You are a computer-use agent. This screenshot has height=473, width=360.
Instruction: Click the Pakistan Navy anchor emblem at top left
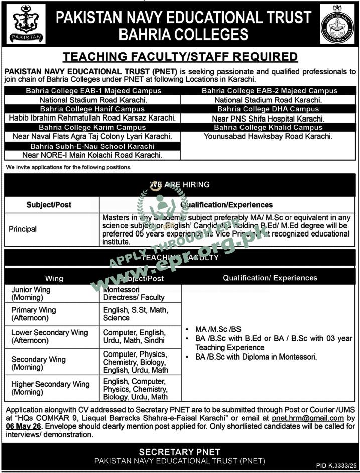pyautogui.click(x=25, y=24)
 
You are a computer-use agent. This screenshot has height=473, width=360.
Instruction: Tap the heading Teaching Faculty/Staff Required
pyautogui.click(x=180, y=57)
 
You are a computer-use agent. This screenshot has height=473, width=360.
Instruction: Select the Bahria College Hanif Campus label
pyautogui.click(x=92, y=109)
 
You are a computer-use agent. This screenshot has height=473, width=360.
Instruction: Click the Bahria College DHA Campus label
pyautogui.click(x=269, y=109)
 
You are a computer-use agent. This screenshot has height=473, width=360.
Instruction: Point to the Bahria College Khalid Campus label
pyautogui.click(x=269, y=128)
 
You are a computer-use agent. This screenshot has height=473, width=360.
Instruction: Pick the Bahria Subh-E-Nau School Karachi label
pyautogui.click(x=92, y=146)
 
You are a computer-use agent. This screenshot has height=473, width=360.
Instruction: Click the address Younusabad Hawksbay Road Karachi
pyautogui.click(x=269, y=136)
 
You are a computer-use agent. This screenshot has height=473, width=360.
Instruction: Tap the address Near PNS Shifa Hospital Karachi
pyautogui.click(x=269, y=119)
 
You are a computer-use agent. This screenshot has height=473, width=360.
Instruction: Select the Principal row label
pyautogui.click(x=23, y=229)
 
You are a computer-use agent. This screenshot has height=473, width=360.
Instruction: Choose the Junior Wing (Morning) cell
pyautogui.click(x=31, y=294)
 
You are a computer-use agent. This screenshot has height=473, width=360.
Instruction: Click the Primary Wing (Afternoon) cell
pyautogui.click(x=34, y=314)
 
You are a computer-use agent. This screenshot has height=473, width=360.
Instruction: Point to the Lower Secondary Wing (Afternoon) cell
pyautogui.click(x=50, y=336)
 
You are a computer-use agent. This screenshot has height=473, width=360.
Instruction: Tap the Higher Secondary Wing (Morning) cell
pyautogui.click(x=51, y=388)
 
